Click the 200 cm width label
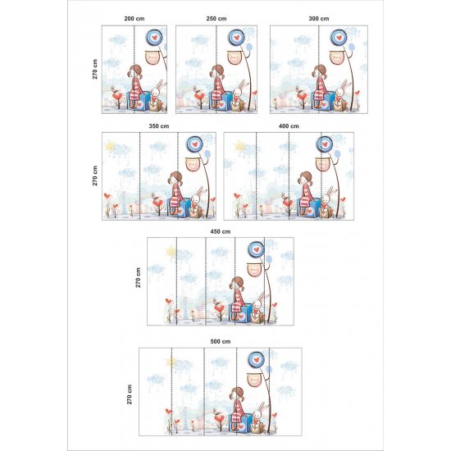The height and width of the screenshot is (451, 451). (134, 19)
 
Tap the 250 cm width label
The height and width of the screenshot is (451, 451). (216, 19)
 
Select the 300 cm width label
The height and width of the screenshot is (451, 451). (319, 19)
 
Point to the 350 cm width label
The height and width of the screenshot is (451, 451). (159, 126)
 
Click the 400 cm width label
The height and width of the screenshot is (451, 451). (289, 126)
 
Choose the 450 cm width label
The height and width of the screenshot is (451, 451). (221, 231)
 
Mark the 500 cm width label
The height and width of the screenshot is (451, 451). (221, 341)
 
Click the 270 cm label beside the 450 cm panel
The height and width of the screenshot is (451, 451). (139, 277)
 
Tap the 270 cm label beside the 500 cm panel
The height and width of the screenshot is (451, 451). (130, 394)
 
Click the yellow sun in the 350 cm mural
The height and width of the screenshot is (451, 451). (110, 146)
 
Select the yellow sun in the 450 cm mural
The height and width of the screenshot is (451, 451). (171, 252)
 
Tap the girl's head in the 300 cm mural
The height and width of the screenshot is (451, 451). (320, 71)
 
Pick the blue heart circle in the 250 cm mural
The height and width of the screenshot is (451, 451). (236, 37)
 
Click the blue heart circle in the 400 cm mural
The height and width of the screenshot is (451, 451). (325, 144)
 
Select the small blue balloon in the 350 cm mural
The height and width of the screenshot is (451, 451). (207, 154)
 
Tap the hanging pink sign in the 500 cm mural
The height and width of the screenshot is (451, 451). (254, 380)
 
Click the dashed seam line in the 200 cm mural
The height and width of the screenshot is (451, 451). (134, 70)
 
